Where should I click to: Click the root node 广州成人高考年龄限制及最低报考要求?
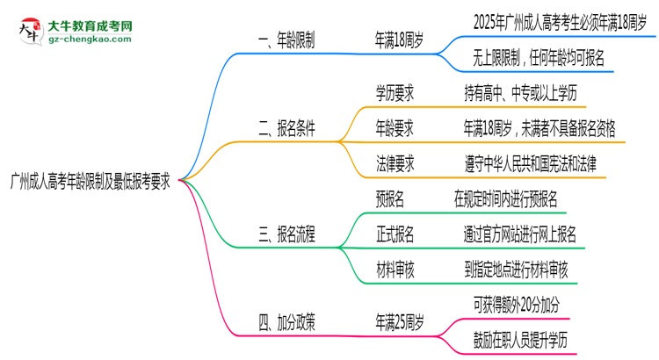(90, 179)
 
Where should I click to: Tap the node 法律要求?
(395, 163)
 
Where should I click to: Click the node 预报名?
(389, 198)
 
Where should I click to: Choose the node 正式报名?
(395, 234)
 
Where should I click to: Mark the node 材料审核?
(395, 270)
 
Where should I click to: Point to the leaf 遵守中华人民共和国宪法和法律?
(531, 163)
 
